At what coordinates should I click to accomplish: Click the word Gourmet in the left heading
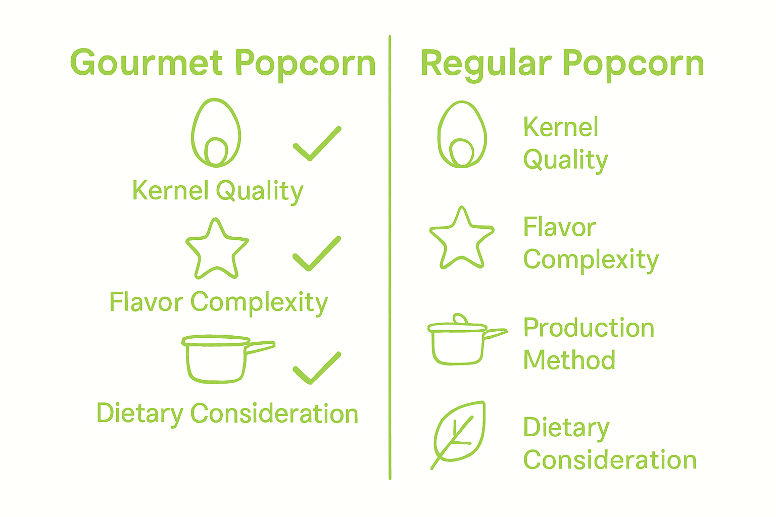[147, 64]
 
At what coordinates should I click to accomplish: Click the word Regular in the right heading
[484, 64]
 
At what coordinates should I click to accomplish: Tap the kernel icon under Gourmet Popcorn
[216, 133]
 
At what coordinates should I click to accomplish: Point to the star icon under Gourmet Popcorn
[217, 250]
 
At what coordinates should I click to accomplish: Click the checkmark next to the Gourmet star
[317, 254]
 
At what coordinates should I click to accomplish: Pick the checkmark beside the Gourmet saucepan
[317, 368]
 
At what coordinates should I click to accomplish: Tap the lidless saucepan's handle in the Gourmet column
[260, 347]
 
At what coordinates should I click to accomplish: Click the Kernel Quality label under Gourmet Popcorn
[217, 191]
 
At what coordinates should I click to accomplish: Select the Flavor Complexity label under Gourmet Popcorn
[218, 303]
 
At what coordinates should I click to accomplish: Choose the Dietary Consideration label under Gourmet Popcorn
[227, 414]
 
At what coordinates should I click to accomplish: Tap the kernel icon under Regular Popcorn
[462, 135]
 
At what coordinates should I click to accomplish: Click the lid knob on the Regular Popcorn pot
[460, 319]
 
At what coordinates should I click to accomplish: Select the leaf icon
[459, 433]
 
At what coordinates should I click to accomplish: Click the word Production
[589, 328]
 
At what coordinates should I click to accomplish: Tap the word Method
[569, 360]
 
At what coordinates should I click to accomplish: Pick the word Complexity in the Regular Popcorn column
[591, 260]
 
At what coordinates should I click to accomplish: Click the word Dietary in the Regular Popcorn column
[566, 428]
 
